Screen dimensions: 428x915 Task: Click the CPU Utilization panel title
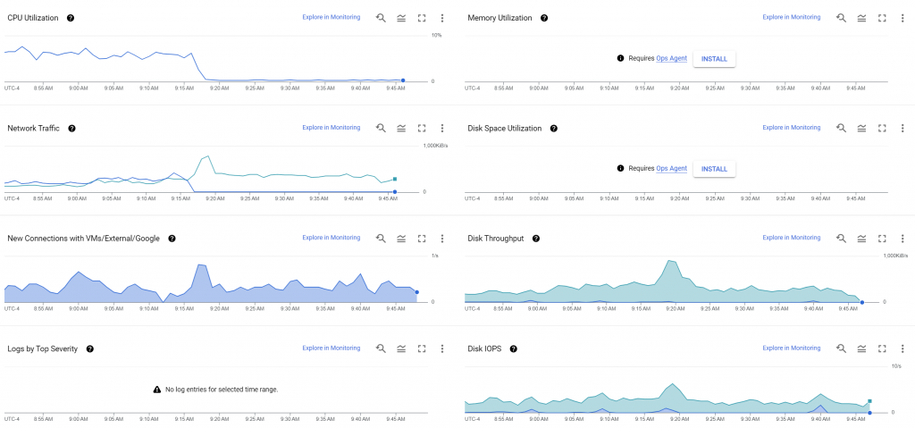click(32, 18)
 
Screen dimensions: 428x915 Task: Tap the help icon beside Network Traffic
click(71, 129)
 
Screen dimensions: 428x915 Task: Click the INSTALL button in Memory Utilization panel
click(714, 59)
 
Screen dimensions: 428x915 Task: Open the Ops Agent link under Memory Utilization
click(671, 59)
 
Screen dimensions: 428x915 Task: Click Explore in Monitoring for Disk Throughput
click(791, 238)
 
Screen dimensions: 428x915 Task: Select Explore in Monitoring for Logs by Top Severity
click(331, 348)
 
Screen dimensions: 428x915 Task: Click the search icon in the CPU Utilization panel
click(381, 18)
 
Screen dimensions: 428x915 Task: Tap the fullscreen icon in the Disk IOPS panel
click(882, 348)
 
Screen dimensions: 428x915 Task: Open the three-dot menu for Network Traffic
click(441, 129)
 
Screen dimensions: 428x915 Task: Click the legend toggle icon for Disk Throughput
click(861, 239)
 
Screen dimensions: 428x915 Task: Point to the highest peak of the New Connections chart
click(201, 265)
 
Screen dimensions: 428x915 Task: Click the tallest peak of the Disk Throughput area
click(670, 261)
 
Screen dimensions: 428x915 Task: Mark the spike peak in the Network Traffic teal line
click(208, 156)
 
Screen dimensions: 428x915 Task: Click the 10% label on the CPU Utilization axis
click(436, 35)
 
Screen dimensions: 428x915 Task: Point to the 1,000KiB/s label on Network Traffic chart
click(435, 145)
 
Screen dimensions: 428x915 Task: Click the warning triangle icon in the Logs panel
click(157, 390)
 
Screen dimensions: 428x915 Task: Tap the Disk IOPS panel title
click(485, 348)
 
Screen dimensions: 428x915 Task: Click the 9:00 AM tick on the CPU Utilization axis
click(78, 88)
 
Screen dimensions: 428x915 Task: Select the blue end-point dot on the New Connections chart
click(416, 292)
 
